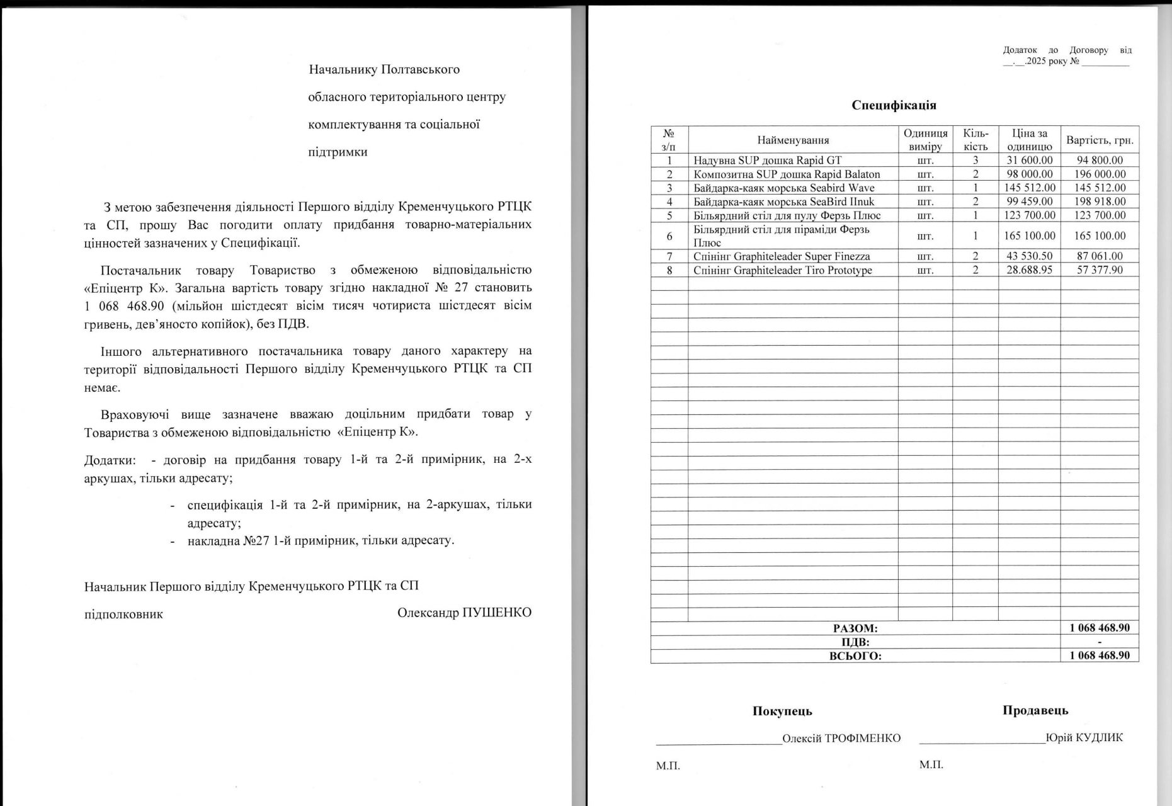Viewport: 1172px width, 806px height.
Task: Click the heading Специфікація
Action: coord(894,105)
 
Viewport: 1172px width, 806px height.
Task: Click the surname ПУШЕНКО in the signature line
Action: coord(497,613)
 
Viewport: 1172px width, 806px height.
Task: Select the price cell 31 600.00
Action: coord(1029,160)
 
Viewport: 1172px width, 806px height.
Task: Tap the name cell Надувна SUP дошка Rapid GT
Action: coord(767,160)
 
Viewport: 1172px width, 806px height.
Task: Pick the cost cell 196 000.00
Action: coord(1100,174)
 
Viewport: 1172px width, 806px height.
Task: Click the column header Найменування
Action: coord(793,140)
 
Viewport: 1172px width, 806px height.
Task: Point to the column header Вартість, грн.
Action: coord(1100,140)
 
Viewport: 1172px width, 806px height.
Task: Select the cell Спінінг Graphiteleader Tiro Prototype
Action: coord(782,270)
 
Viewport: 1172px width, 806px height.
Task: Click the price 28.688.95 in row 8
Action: coord(1029,270)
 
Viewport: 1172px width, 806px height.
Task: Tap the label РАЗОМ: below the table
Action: coord(855,628)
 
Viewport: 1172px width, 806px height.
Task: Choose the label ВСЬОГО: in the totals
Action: coord(855,656)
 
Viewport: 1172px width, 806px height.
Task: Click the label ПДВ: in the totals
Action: coord(855,642)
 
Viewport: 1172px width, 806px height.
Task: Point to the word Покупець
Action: coord(782,711)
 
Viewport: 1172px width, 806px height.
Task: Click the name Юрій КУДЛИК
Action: coord(1084,737)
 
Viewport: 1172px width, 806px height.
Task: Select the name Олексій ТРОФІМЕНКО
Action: coord(841,738)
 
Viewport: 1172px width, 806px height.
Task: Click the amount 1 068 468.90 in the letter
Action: coord(124,306)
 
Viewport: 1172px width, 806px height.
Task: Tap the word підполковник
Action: coord(123,614)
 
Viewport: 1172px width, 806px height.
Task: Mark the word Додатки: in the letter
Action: coord(110,460)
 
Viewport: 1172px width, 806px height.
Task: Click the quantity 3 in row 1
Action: coord(975,160)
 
